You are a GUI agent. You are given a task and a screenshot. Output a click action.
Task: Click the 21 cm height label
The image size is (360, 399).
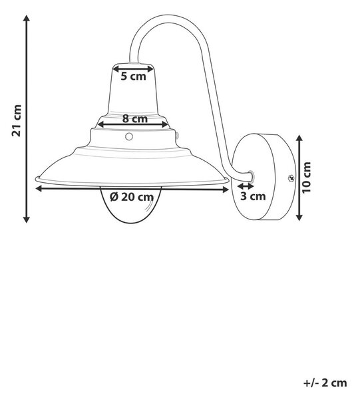[x=17, y=120]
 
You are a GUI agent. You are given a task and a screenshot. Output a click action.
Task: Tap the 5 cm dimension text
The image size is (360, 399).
[x=133, y=76]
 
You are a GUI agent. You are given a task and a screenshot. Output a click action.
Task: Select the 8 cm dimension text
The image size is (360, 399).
[x=135, y=118]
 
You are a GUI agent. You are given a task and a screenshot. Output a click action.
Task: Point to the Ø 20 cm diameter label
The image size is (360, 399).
[x=132, y=197]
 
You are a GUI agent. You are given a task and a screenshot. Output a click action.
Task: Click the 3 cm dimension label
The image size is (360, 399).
[x=253, y=196]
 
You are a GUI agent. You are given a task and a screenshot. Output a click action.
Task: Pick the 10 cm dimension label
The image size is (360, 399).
[x=307, y=178]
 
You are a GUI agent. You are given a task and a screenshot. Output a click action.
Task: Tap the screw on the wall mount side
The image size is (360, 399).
[x=291, y=178]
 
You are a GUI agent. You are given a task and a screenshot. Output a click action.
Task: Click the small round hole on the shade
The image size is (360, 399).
[x=129, y=136]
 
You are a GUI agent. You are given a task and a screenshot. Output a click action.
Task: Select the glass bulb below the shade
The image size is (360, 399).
[x=131, y=204]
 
